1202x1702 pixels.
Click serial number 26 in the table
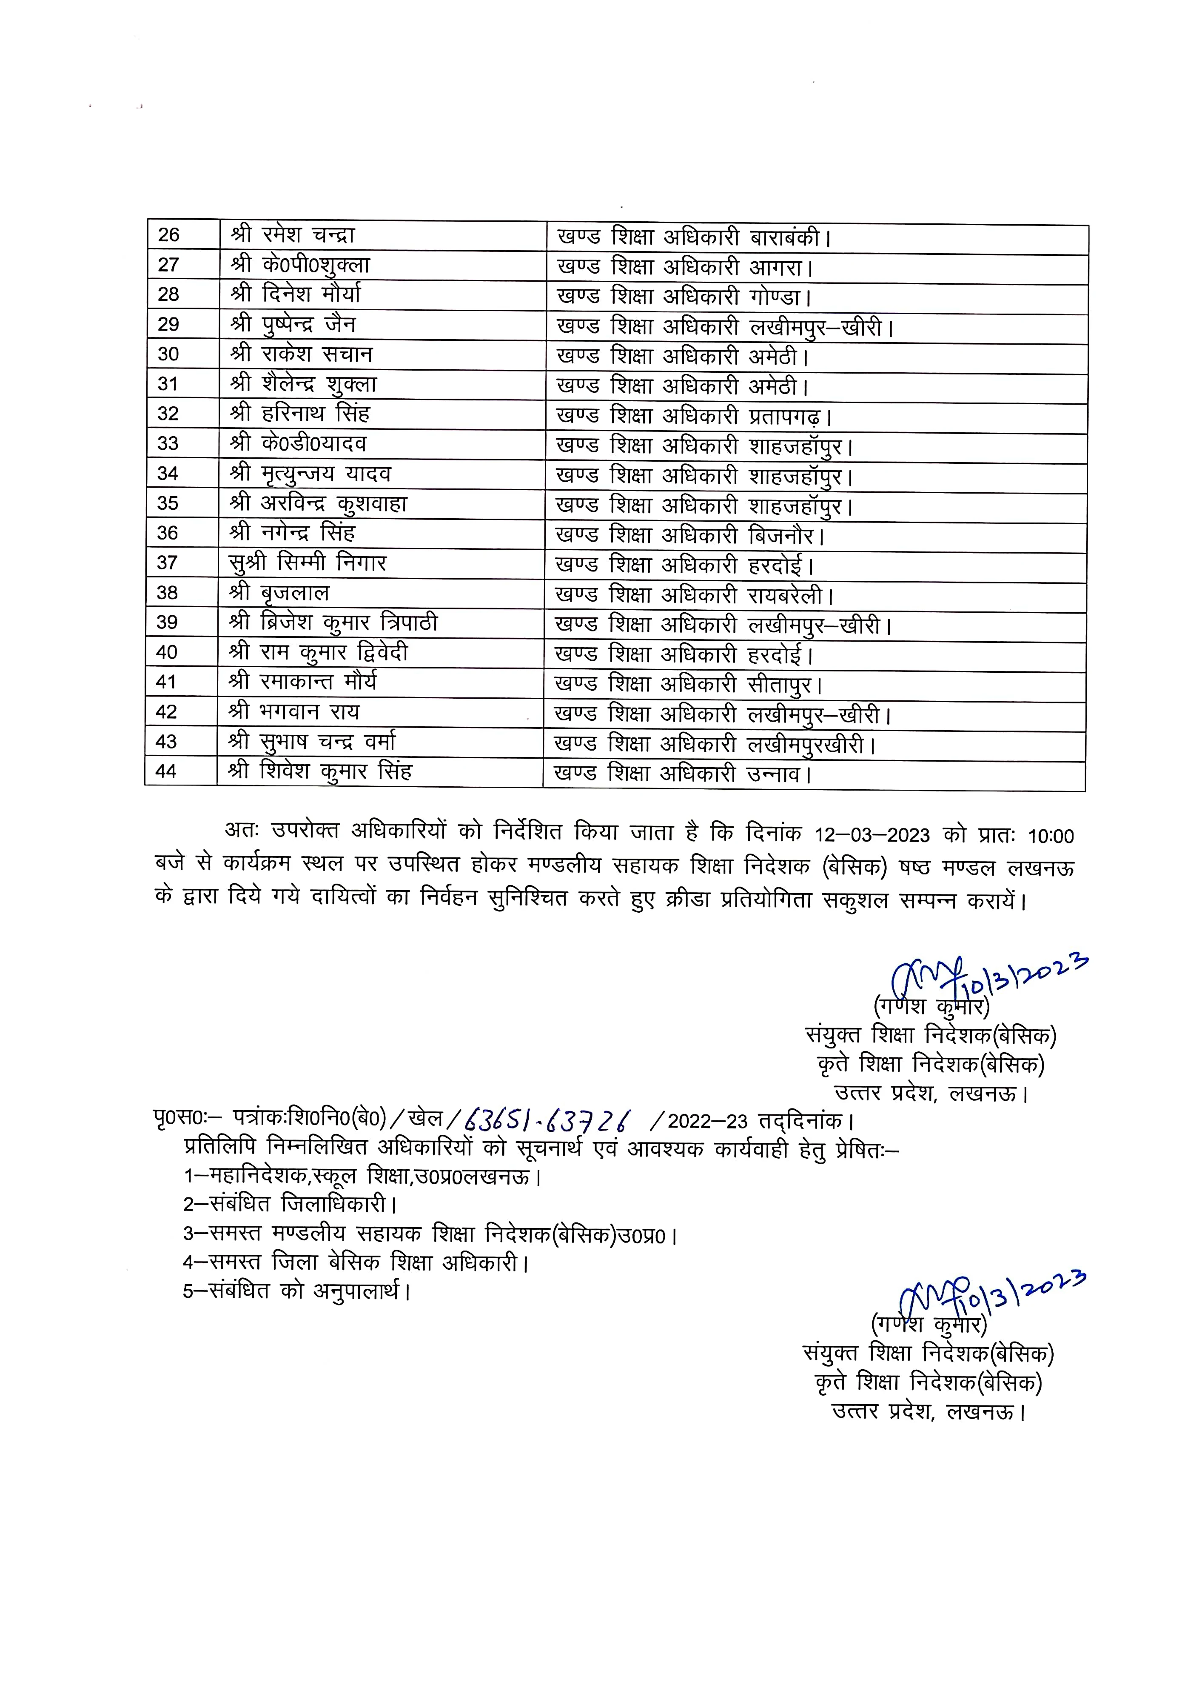tap(169, 235)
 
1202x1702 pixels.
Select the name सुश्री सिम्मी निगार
tap(308, 563)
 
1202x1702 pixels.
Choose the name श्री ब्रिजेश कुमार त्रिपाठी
tap(333, 623)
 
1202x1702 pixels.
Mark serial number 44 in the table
tap(166, 772)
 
